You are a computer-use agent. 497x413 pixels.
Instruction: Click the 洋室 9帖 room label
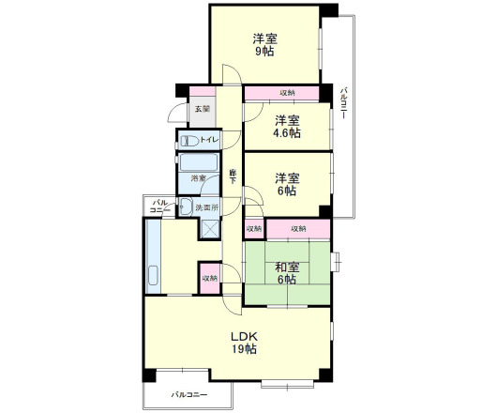point(264,46)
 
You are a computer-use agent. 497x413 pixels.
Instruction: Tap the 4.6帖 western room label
point(287,127)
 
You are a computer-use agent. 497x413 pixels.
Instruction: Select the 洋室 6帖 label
point(287,183)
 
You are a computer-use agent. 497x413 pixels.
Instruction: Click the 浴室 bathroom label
point(198,178)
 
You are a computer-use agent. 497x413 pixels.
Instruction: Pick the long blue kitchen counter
point(153,258)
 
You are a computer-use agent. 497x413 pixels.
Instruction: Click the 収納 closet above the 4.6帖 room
point(287,93)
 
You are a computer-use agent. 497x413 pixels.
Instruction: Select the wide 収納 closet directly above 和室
point(298,228)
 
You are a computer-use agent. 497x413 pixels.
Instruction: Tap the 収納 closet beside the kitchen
point(208,278)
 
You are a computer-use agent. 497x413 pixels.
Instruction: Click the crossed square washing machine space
point(207,228)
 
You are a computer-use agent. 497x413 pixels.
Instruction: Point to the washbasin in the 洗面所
point(186,207)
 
